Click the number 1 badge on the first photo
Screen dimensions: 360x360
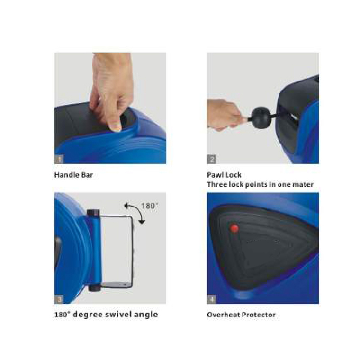[x=59, y=159]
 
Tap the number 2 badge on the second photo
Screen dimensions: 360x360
[x=211, y=159]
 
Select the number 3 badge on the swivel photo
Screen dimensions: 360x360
[x=59, y=299]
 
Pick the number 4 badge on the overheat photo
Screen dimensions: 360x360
[x=211, y=299]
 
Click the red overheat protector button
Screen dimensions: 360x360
[x=234, y=228]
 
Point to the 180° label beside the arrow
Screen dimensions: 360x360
[x=150, y=206]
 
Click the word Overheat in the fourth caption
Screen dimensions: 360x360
[x=223, y=315]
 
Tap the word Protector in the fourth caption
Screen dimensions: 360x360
[x=258, y=315]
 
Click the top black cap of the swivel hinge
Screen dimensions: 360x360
[x=93, y=212]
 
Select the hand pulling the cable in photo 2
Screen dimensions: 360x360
[x=224, y=115]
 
